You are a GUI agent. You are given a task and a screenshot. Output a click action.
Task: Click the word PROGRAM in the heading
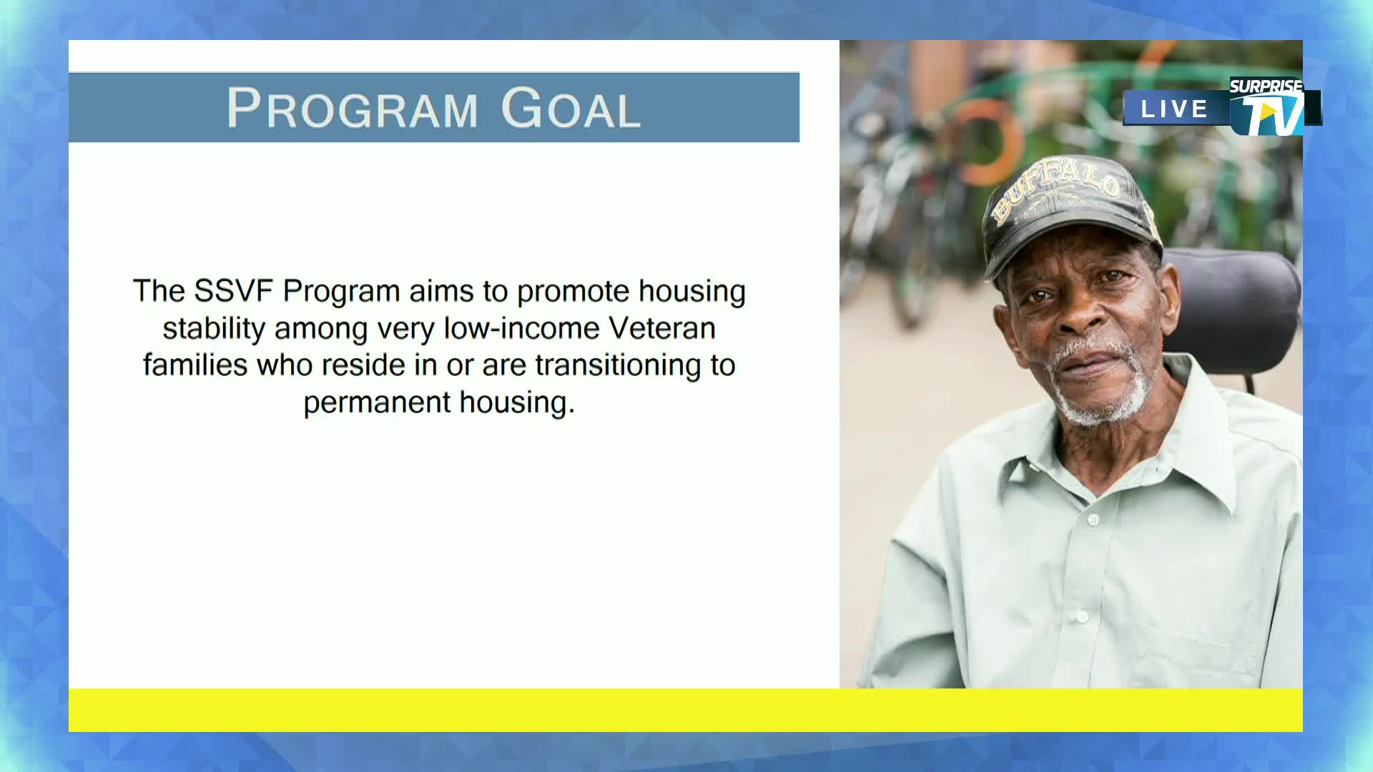352,109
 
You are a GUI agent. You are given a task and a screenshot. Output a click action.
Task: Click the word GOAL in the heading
571,109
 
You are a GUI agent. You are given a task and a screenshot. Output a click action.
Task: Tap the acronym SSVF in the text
233,292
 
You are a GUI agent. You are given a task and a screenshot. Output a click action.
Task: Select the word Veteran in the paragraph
661,329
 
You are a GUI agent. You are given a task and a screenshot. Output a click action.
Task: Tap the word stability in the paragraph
214,329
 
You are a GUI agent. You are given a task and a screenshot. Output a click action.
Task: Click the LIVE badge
1174,109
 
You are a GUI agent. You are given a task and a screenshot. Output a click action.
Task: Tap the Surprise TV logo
1269,107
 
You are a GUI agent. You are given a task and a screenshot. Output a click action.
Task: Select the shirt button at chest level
1093,520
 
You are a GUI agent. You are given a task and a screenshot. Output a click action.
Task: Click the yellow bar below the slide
685,710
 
